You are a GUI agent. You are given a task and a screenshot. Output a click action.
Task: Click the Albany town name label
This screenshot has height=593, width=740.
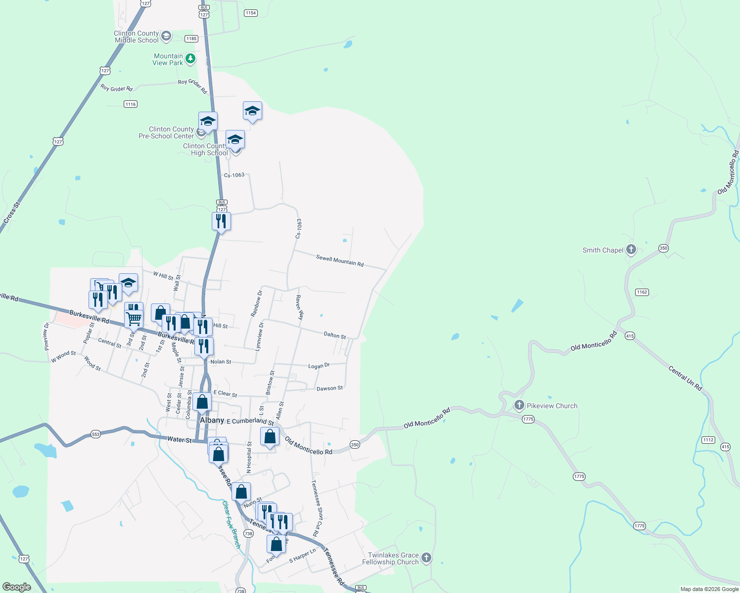212,420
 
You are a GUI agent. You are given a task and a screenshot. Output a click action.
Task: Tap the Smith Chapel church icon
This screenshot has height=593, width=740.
631,250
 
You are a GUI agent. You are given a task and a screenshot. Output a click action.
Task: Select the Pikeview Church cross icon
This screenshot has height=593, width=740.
519,405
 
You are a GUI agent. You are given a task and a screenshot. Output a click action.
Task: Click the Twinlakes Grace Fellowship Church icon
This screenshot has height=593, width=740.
426,558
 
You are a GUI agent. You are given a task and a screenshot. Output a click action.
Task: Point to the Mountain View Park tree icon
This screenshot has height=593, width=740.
190,59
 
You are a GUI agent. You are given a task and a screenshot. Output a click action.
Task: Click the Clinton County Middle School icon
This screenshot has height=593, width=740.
166,36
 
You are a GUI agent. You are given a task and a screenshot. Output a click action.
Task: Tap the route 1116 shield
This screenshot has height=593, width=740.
131,104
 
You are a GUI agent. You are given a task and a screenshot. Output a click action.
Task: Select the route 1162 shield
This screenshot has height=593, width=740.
642,292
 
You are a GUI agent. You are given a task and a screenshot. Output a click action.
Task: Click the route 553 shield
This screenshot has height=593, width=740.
95,434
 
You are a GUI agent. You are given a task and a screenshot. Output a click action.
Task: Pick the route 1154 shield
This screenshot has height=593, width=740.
251,13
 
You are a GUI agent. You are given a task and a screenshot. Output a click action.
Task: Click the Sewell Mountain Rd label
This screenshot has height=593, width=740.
340,260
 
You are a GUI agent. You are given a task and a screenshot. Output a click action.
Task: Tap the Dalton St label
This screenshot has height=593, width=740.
335,335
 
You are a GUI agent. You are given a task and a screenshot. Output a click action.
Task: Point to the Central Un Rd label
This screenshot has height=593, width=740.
685,378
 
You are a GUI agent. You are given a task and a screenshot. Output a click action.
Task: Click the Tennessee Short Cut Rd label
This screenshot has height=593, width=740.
317,508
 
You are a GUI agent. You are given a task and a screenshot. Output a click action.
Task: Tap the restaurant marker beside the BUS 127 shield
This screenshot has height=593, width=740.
221,221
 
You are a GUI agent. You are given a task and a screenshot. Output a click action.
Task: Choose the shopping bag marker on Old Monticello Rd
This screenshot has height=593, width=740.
270,437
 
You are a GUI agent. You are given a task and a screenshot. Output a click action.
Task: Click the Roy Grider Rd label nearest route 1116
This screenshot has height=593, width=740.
117,88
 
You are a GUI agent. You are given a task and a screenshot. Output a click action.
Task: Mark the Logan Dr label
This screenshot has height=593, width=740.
319,366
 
